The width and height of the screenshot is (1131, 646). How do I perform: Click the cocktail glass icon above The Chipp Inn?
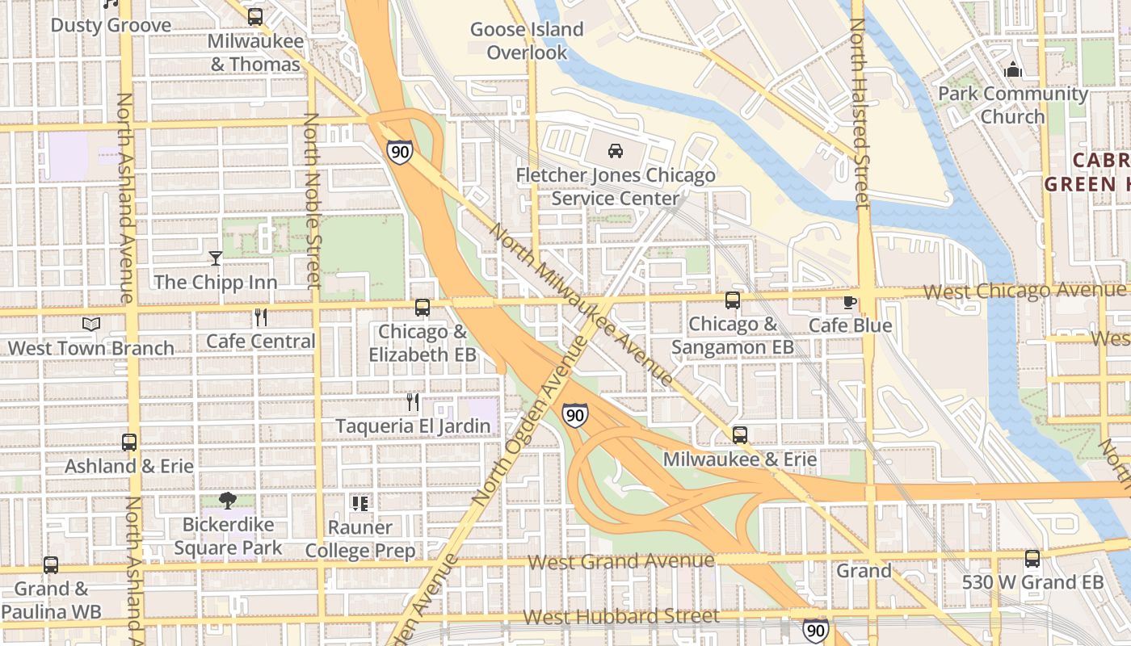click(216, 258)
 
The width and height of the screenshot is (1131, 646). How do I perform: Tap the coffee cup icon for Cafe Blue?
click(849, 303)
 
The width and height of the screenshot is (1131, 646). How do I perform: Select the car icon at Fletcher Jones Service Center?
click(616, 150)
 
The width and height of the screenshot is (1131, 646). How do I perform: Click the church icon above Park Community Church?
click(1012, 70)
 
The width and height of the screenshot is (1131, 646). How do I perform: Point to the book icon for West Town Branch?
click(91, 325)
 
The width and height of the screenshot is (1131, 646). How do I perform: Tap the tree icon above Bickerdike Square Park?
click(228, 501)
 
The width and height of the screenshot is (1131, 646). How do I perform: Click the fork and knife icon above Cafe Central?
click(260, 317)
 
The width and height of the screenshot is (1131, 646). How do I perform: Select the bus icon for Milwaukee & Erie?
click(740, 435)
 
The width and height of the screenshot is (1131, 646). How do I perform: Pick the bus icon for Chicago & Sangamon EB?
click(733, 300)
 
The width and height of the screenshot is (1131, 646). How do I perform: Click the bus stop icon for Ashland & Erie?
click(129, 443)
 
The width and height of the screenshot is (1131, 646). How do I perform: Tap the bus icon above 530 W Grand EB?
click(1032, 559)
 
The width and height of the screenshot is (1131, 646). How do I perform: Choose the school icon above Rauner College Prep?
click(360, 504)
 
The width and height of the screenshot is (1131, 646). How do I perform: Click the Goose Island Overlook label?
click(527, 41)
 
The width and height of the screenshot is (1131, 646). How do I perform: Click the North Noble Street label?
click(313, 200)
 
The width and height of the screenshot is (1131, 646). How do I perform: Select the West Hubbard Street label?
click(620, 617)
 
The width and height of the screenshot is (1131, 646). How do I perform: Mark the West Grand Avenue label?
click(621, 561)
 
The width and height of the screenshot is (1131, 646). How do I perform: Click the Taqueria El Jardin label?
click(413, 426)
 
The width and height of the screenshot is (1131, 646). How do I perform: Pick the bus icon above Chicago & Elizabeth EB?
click(423, 308)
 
